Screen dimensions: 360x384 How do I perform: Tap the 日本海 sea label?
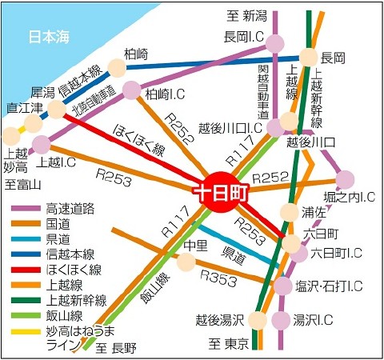click(x=49, y=36)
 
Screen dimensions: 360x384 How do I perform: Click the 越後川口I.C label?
click(x=230, y=127)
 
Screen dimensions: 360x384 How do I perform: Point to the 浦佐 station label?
click(x=314, y=213)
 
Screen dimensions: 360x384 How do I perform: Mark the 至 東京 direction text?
click(x=230, y=344)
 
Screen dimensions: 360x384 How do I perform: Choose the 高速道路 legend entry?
click(x=71, y=209)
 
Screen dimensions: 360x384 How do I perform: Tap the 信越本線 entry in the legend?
click(x=71, y=254)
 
